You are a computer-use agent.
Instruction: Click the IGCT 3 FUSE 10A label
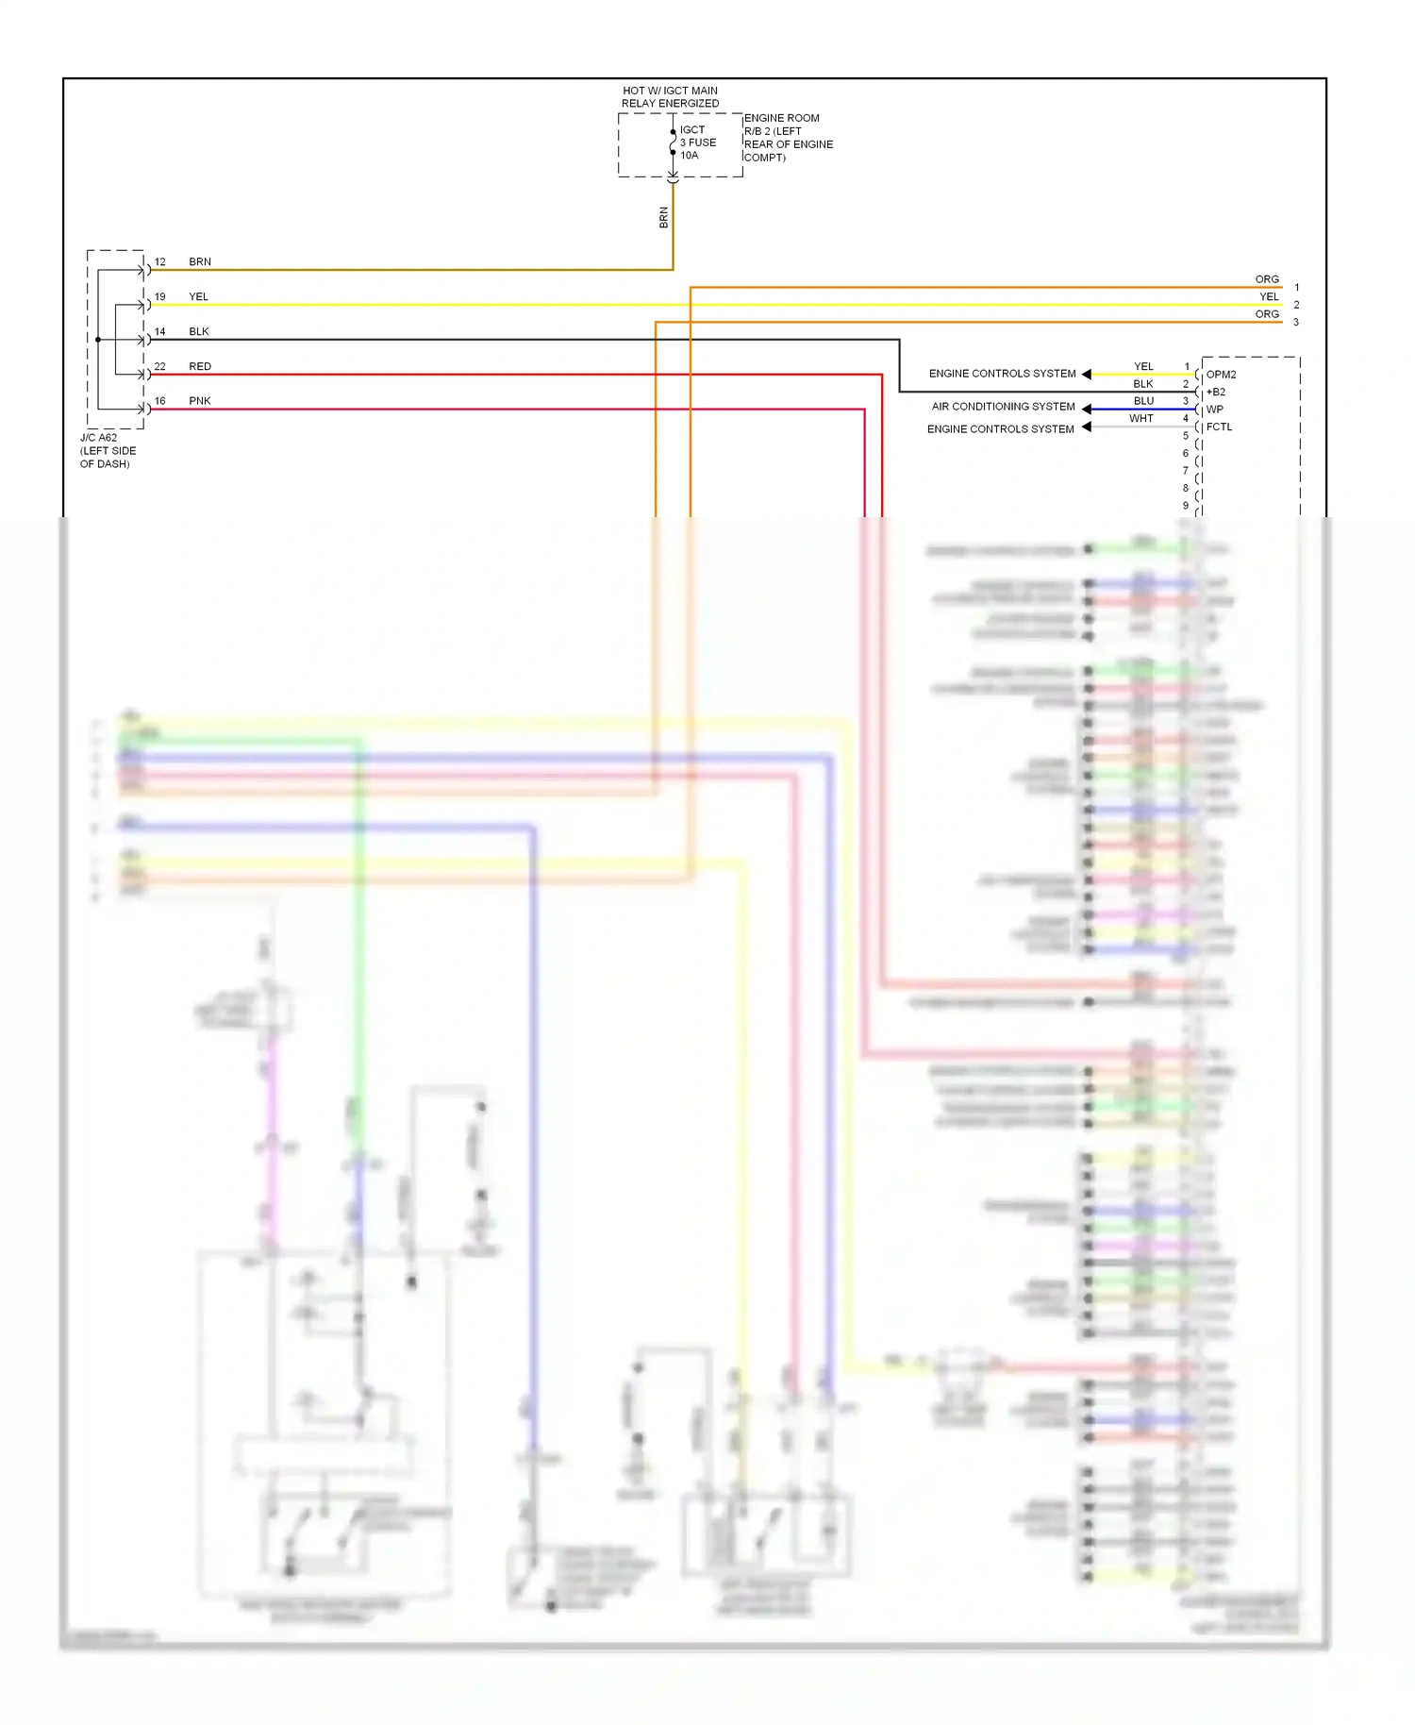pyautogui.click(x=697, y=142)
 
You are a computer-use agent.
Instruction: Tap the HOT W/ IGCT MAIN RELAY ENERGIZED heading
pyautogui.click(x=670, y=97)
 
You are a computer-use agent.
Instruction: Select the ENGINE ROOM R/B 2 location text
pyautogui.click(x=788, y=138)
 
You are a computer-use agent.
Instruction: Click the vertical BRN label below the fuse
pyautogui.click(x=663, y=218)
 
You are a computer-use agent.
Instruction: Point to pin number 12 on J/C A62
pyautogui.click(x=160, y=262)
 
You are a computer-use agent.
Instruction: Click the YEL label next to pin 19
pyautogui.click(x=198, y=296)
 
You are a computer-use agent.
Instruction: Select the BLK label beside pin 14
pyautogui.click(x=198, y=331)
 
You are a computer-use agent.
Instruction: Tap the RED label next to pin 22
pyautogui.click(x=199, y=366)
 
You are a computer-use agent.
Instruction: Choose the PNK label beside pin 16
pyautogui.click(x=199, y=401)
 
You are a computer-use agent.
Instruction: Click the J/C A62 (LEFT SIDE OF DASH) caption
pyautogui.click(x=108, y=451)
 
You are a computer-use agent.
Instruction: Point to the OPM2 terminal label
pyautogui.click(x=1221, y=375)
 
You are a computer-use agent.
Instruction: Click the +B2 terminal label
pyautogui.click(x=1216, y=392)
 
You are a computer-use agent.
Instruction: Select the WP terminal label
pyautogui.click(x=1214, y=410)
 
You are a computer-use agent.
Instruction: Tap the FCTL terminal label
pyautogui.click(x=1219, y=427)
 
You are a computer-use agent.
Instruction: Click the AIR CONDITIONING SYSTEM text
pyautogui.click(x=1003, y=407)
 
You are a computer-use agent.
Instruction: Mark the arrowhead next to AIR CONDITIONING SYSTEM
pyautogui.click(x=1087, y=409)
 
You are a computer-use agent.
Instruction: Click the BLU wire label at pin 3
pyautogui.click(x=1143, y=401)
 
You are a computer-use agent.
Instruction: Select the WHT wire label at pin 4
pyautogui.click(x=1141, y=418)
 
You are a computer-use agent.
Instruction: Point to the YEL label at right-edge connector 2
pyautogui.click(x=1269, y=296)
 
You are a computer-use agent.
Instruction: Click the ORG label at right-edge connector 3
pyautogui.click(x=1267, y=314)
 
